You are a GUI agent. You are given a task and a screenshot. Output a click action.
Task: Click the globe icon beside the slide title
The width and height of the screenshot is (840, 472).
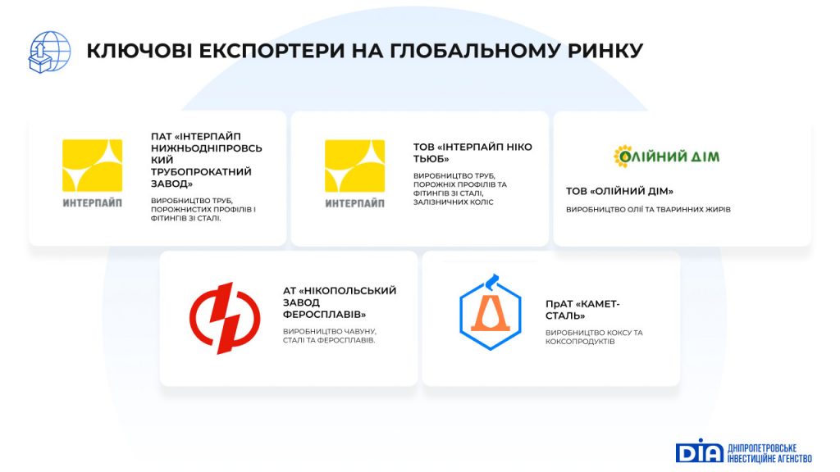click(x=49, y=52)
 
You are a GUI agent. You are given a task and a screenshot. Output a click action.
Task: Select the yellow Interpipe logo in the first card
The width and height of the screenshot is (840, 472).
click(x=92, y=173)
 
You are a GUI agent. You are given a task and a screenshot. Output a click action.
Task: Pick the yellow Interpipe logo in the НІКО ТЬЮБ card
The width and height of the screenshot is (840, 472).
click(x=354, y=173)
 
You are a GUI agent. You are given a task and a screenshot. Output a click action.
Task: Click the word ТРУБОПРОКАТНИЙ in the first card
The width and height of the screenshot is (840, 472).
click(x=201, y=172)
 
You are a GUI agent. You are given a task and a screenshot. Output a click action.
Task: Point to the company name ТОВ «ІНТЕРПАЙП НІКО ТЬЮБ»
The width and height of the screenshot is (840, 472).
click(x=472, y=152)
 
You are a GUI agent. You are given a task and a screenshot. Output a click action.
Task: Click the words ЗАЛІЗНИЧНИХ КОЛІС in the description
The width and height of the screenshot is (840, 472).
click(x=453, y=202)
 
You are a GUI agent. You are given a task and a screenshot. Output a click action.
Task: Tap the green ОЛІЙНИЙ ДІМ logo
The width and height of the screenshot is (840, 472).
click(x=666, y=157)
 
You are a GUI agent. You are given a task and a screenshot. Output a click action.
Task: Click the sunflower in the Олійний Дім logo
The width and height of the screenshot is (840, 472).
click(x=623, y=157)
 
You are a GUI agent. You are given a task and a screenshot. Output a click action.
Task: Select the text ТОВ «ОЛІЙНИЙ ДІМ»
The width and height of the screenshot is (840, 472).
click(x=619, y=191)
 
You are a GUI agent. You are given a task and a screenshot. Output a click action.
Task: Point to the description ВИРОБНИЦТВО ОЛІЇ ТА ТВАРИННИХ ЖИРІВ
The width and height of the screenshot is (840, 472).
click(x=648, y=210)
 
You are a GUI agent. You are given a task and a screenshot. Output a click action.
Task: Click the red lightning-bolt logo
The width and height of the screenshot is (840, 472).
click(x=225, y=319)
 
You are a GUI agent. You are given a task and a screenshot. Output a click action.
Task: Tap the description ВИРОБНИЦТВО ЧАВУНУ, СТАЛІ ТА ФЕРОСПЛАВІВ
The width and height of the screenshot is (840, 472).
click(x=330, y=335)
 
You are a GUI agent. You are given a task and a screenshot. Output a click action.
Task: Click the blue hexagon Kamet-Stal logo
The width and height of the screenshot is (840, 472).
click(x=491, y=313)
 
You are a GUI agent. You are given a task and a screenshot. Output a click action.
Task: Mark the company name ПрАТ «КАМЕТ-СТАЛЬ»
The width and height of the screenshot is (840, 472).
click(x=582, y=310)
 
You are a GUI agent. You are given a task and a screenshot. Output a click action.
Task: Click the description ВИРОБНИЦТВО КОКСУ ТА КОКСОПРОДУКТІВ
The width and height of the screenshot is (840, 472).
click(x=594, y=337)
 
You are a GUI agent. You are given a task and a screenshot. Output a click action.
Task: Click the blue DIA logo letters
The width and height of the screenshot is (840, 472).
click(x=699, y=452)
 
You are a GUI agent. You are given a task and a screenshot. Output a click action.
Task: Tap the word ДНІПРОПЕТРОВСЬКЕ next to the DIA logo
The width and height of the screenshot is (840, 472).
click(x=762, y=448)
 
